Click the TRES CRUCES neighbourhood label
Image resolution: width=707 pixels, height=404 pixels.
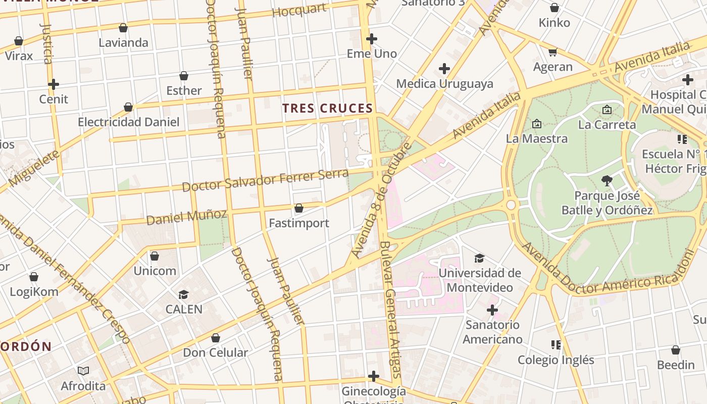[328, 108]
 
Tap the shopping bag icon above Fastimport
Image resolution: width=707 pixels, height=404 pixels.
[299, 208]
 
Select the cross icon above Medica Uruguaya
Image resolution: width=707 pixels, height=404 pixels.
[444, 69]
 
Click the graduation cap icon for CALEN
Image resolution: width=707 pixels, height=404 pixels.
[184, 294]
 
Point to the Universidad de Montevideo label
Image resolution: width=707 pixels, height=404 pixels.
[479, 280]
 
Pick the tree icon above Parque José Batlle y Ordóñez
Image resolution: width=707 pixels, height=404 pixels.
[607, 180]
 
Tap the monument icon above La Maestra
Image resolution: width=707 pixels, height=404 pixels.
[537, 123]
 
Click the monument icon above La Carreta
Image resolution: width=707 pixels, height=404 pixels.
[607, 109]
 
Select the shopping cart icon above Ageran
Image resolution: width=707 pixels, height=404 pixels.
[553, 52]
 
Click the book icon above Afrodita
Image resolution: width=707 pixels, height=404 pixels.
[83, 371]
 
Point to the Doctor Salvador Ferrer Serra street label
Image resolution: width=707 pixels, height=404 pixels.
[265, 180]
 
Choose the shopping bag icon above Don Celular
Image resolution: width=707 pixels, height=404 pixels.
[216, 338]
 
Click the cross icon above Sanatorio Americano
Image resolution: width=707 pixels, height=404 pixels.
[492, 310]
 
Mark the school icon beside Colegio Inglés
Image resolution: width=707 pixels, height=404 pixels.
[556, 345]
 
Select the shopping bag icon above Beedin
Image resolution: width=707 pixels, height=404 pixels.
[676, 350]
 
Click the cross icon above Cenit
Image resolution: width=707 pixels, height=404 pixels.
[54, 84]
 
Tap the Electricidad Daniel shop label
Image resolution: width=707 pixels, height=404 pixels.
[129, 122]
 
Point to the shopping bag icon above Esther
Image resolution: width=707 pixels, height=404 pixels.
[184, 76]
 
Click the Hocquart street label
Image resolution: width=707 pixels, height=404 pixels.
[299, 10]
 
